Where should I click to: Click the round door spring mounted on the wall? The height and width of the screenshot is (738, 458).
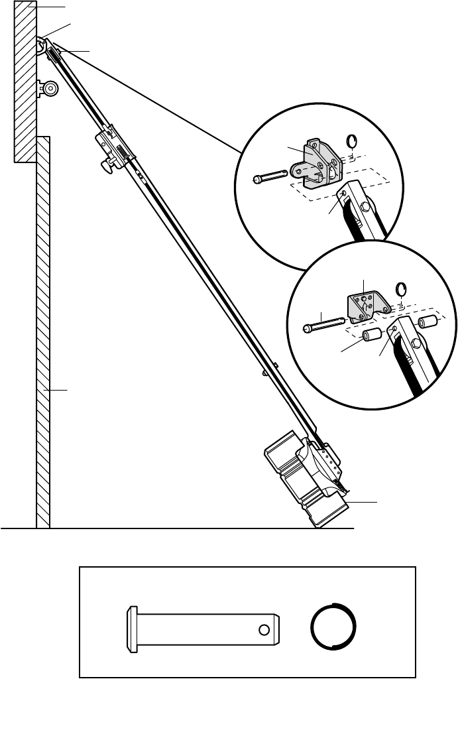[50, 88]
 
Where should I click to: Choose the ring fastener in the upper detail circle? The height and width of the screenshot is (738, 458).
[353, 141]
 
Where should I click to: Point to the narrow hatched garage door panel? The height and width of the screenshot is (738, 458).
[43, 332]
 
